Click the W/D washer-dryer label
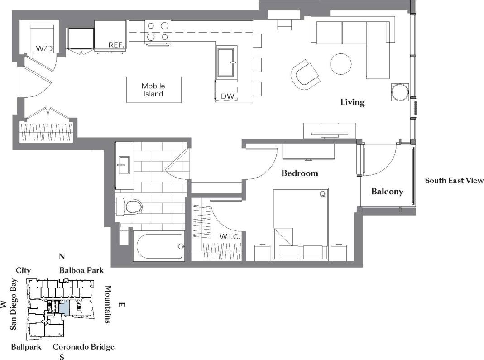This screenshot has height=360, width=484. (44, 48)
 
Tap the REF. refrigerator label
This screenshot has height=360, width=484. (115, 45)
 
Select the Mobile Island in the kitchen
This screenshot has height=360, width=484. (153, 90)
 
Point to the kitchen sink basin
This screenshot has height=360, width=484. (226, 63)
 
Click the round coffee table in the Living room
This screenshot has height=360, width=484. (341, 64)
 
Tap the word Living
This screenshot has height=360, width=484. (352, 102)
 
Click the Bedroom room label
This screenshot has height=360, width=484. (299, 173)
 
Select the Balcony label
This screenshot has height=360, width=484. (387, 192)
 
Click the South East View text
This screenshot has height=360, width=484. (454, 181)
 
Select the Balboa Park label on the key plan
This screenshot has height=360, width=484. (81, 270)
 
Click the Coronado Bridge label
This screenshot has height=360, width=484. (83, 347)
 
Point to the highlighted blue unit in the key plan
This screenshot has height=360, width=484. (65, 307)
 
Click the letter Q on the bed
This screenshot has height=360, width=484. (322, 194)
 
